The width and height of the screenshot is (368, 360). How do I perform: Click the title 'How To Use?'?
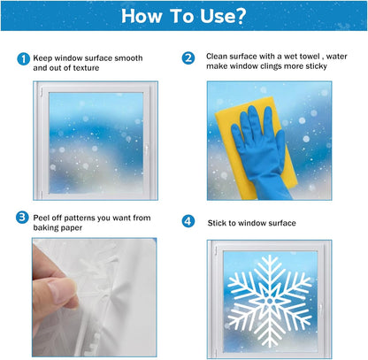[184, 15]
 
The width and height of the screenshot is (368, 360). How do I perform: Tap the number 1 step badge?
[22, 58]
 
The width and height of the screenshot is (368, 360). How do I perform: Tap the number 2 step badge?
[188, 58]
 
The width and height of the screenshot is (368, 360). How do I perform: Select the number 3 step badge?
[22, 217]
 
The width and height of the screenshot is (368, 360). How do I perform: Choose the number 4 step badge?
[188, 221]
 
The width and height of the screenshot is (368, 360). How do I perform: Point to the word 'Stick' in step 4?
[218, 221]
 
